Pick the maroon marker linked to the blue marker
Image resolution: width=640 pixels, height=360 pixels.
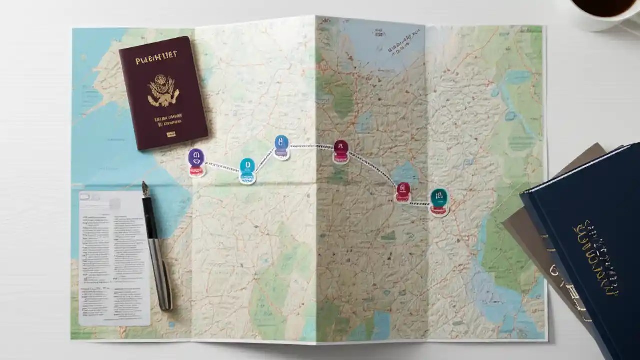[x=341, y=148]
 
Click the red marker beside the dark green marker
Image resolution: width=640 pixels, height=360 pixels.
[x=403, y=191]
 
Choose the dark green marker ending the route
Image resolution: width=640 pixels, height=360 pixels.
[x=439, y=197]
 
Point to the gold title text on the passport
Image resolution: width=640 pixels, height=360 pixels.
[x=156, y=60]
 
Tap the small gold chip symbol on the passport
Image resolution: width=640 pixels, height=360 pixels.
[x=171, y=134]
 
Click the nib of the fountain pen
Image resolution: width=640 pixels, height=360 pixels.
[x=146, y=189]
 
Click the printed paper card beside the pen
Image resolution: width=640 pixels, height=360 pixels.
[x=112, y=257]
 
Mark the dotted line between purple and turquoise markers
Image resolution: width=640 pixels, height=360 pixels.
[x=222, y=166]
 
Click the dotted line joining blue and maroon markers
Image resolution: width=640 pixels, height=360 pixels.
[x=311, y=146]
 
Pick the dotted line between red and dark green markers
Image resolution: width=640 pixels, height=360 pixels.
[x=420, y=203]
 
